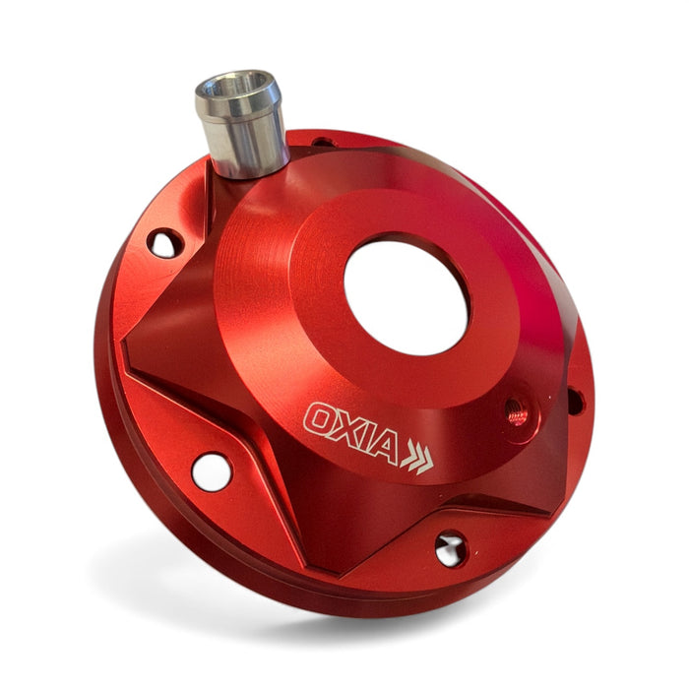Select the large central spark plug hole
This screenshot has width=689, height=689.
coord(406,296)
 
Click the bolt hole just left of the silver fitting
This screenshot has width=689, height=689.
coord(164,243)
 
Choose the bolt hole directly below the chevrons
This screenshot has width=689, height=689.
coord(451,548)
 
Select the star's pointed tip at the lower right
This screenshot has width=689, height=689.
coord(546,512)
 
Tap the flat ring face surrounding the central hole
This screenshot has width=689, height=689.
coord(315,295)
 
